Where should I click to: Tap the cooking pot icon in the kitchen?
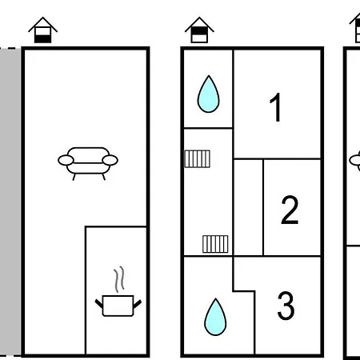pos(118,306)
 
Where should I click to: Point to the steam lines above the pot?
pos(119,279)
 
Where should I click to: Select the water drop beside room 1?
pos(209,94)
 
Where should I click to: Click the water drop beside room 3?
pos(215,317)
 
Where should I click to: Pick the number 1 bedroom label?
pos(275,107)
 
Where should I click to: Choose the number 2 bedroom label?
pos(290,210)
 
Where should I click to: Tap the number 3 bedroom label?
pos(286,306)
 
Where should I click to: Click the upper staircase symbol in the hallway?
pos(198,159)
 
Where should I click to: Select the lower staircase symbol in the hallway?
pos(215,244)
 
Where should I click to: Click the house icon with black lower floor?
pos(43,30)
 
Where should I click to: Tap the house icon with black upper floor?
pos(199,30)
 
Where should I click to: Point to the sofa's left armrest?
pos(66,160)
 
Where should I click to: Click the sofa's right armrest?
pos(110,160)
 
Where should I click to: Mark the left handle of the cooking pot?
pos(99,304)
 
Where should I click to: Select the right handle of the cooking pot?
pos(138,304)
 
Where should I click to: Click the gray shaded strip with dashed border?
pos(10,202)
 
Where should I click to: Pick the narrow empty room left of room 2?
pos(248,207)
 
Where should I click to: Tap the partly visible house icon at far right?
pos(355,28)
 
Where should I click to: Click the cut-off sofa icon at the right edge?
pos(355,161)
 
